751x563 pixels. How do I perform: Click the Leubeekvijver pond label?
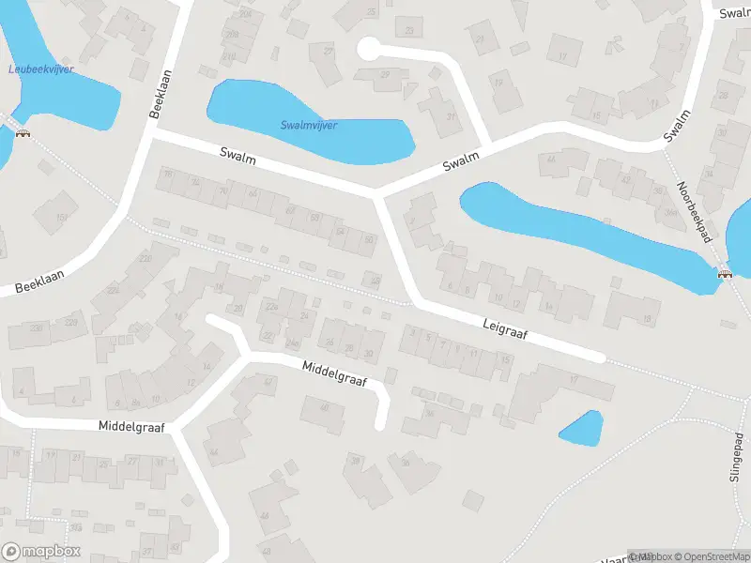40,69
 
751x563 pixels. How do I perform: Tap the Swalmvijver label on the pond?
309,125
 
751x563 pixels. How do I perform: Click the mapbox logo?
41,551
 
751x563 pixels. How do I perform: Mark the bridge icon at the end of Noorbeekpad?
724,274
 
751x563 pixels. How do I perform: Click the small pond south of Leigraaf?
581,428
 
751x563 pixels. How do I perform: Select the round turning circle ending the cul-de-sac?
369,48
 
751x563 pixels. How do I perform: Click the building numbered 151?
60,218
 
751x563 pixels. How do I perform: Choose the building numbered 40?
325,406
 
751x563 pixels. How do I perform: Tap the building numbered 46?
265,515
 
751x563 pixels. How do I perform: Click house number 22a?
272,307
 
